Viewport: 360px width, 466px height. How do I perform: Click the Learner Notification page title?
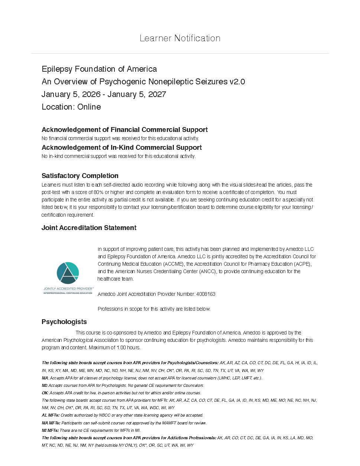click(x=180, y=38)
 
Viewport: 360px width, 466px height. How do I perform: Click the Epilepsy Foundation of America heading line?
click(x=99, y=69)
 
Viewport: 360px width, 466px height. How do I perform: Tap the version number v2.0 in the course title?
click(x=237, y=82)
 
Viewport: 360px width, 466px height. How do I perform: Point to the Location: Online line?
click(x=71, y=107)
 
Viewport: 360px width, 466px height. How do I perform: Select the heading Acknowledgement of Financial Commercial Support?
click(x=124, y=130)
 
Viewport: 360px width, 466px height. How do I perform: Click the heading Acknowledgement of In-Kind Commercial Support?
click(x=121, y=148)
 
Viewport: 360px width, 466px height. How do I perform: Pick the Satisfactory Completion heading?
click(x=80, y=176)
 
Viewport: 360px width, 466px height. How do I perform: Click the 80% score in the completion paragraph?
click(x=98, y=192)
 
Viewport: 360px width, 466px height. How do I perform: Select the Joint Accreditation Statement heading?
click(x=89, y=228)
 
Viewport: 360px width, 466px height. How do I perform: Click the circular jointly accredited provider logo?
click(x=68, y=273)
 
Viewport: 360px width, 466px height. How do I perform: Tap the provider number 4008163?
click(x=206, y=294)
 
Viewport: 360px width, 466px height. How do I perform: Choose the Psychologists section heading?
click(x=64, y=322)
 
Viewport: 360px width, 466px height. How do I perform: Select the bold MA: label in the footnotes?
click(x=45, y=378)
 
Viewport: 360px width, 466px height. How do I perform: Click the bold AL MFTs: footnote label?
click(x=51, y=415)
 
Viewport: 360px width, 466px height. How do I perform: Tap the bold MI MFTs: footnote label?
click(x=50, y=430)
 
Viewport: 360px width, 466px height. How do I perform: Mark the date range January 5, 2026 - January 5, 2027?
click(x=104, y=94)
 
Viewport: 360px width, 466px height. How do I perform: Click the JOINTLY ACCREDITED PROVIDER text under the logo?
click(x=68, y=288)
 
